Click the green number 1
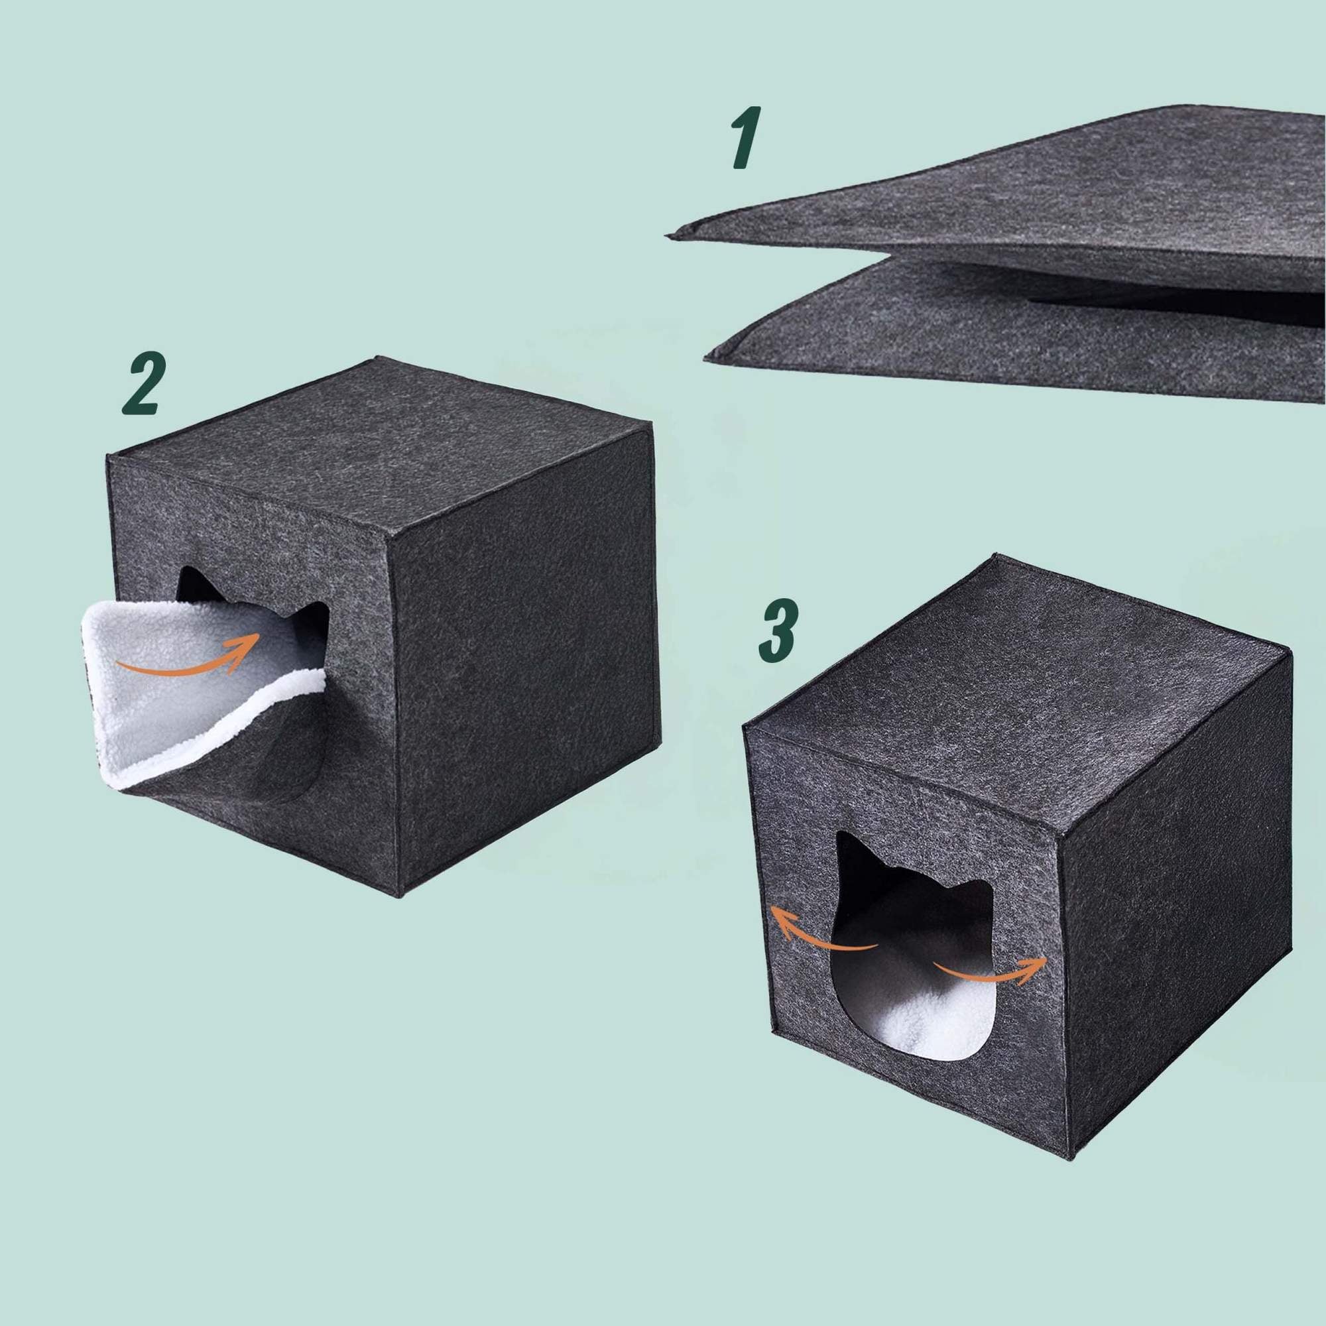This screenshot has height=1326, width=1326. coord(745,137)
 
